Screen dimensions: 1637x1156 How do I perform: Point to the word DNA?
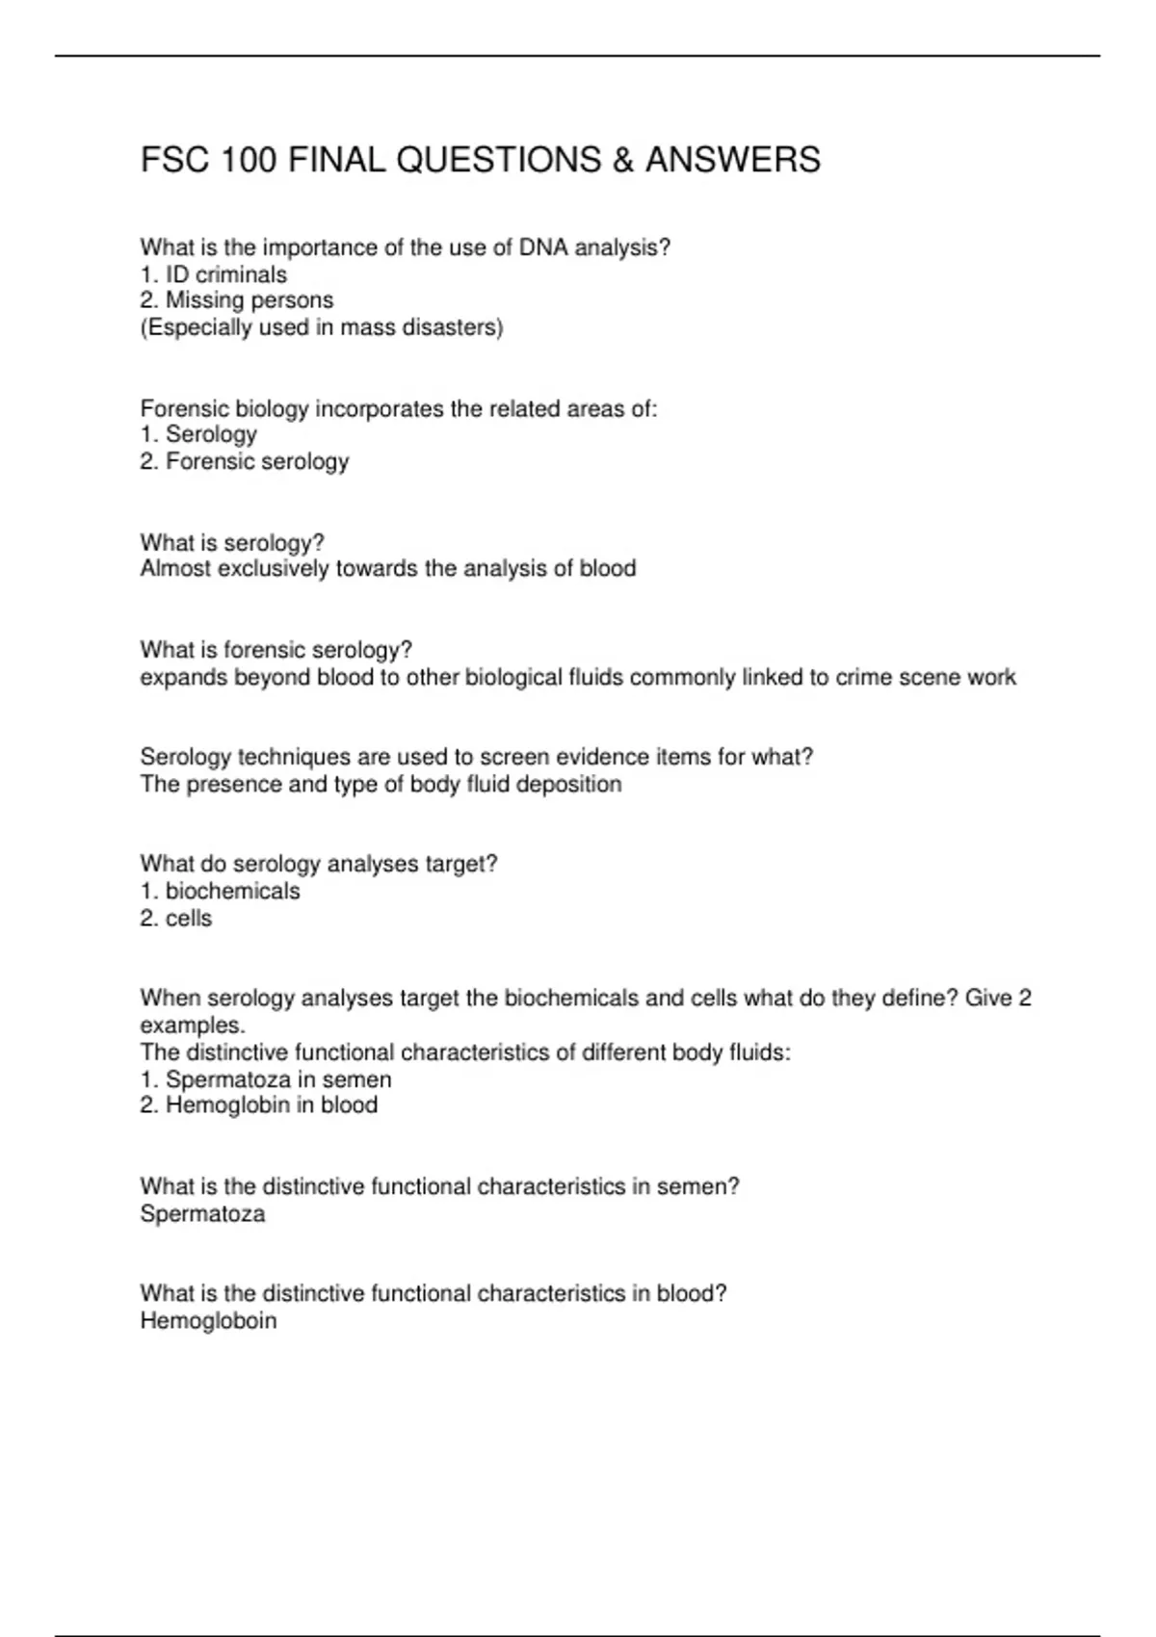point(544,248)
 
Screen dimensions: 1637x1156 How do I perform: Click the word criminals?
point(241,275)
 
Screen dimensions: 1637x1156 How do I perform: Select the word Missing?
point(203,300)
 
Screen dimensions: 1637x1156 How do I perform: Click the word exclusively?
point(274,569)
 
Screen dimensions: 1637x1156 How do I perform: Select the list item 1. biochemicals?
point(220,892)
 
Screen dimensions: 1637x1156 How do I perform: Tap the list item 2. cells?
point(175,919)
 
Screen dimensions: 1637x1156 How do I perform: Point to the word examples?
point(192,1026)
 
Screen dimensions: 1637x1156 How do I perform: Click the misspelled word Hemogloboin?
point(208,1321)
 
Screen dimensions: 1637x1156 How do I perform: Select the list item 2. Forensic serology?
point(244,462)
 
